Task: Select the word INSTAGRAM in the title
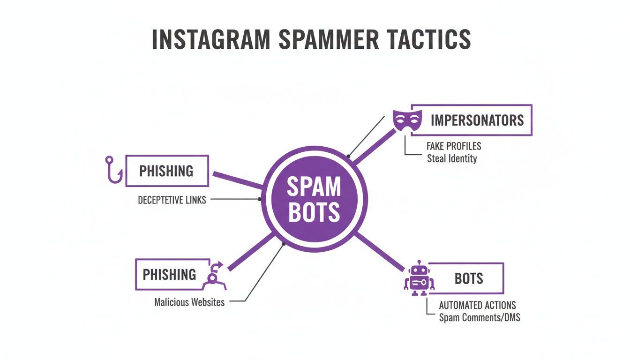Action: click(x=211, y=39)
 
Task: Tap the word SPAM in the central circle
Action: click(x=314, y=187)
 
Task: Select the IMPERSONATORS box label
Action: click(x=477, y=120)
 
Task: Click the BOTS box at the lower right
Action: click(x=468, y=278)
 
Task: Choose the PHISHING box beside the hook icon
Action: click(x=166, y=171)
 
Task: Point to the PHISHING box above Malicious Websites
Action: click(x=169, y=274)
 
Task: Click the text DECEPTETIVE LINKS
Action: click(x=172, y=200)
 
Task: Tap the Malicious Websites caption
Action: click(x=189, y=302)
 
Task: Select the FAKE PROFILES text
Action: click(x=454, y=146)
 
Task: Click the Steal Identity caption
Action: click(x=451, y=158)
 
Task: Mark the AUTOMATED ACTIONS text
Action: click(x=477, y=305)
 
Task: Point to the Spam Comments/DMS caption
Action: click(x=479, y=317)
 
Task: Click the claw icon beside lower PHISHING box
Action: click(x=213, y=277)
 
